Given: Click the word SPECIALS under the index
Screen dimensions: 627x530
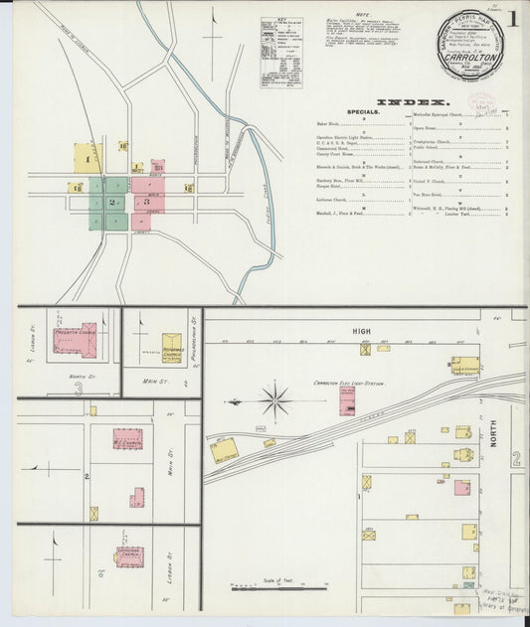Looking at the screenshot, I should tap(363, 113).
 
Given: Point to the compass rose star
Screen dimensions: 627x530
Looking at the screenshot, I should tap(273, 401).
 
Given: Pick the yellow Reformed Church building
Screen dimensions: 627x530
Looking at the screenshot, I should tap(172, 349).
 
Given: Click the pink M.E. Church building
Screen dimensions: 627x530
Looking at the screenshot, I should tap(127, 438).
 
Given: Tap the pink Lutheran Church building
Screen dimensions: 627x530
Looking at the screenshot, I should tap(130, 555).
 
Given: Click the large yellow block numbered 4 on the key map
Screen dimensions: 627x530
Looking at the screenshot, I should tap(88, 158).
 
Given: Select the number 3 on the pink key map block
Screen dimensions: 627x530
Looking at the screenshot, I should tap(147, 202).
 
